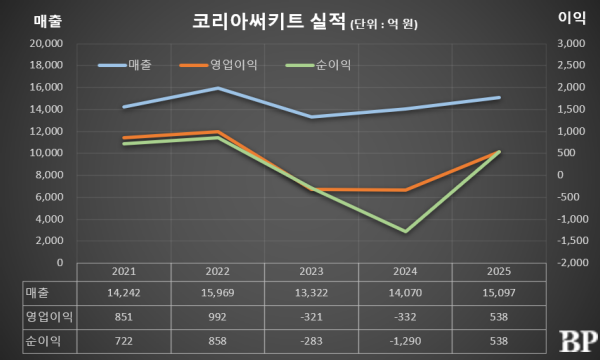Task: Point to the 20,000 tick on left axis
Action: tap(44, 44)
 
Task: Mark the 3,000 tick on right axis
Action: tap(569, 44)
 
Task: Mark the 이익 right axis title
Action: tap(570, 18)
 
